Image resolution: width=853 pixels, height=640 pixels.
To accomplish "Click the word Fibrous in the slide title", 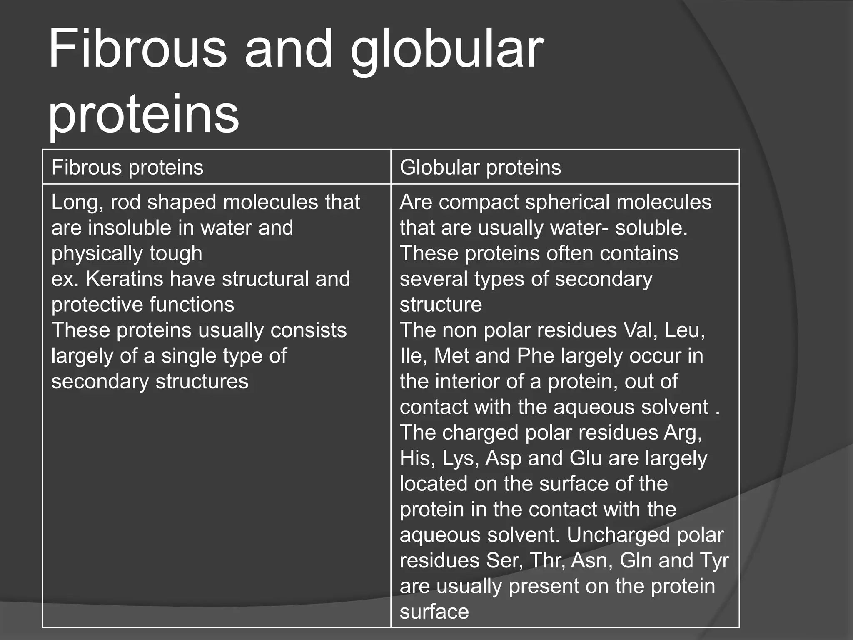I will tap(137, 49).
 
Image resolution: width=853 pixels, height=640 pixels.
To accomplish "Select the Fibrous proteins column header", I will tap(127, 167).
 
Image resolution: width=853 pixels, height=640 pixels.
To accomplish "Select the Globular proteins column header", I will tap(480, 167).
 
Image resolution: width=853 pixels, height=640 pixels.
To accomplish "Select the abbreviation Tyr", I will tap(714, 561).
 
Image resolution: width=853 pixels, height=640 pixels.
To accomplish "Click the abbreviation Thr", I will tap(547, 561).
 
